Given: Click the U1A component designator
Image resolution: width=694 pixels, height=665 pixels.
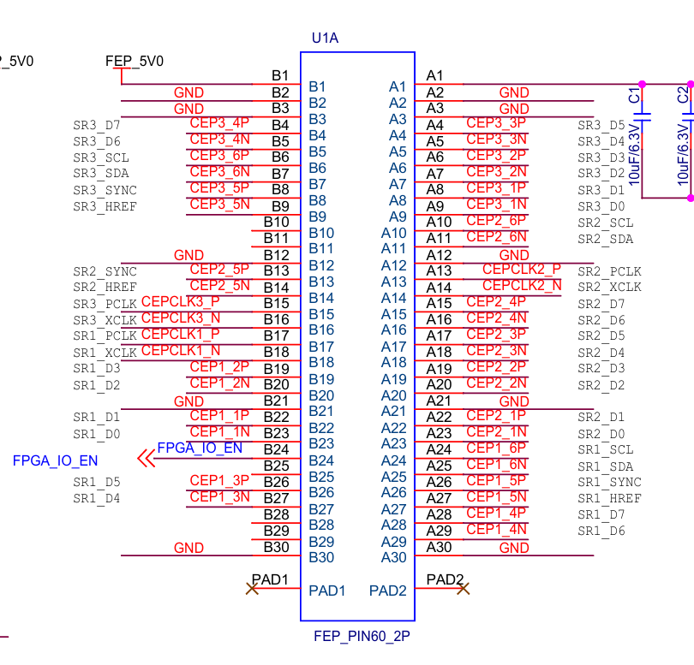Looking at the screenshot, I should pyautogui.click(x=326, y=38).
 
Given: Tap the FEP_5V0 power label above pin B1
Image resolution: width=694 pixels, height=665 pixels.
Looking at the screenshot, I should pyautogui.click(x=134, y=62).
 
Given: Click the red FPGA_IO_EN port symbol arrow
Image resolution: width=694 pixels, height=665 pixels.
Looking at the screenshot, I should pyautogui.click(x=146, y=460).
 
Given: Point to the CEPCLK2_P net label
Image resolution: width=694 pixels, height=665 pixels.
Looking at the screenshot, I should pyautogui.click(x=522, y=270).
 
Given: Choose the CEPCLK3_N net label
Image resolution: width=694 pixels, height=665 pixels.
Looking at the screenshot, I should pyautogui.click(x=181, y=318).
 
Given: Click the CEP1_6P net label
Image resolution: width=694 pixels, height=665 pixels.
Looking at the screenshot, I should pyautogui.click(x=496, y=448).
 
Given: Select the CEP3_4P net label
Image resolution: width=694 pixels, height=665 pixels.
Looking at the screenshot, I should pyautogui.click(x=219, y=123).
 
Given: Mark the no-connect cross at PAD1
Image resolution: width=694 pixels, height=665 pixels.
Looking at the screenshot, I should pyautogui.click(x=252, y=589).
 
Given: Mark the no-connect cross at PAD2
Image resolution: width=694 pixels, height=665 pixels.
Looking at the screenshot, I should pyautogui.click(x=464, y=589).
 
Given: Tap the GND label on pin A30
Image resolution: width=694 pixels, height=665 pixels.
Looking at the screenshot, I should pyautogui.click(x=514, y=548).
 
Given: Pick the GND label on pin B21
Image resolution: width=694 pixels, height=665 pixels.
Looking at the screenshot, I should pyautogui.click(x=188, y=401).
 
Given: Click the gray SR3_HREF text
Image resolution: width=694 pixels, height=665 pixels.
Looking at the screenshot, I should pyautogui.click(x=105, y=206).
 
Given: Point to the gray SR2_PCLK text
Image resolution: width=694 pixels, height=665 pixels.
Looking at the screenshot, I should pyautogui.click(x=609, y=272).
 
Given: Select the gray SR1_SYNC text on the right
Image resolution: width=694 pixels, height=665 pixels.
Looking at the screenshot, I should pyautogui.click(x=609, y=483).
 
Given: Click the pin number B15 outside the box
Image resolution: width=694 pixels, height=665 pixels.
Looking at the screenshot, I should pyautogui.click(x=276, y=303).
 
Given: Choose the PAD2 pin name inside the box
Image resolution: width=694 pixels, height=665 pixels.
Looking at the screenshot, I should pyautogui.click(x=387, y=591).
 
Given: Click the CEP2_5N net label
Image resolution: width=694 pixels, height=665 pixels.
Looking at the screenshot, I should pyautogui.click(x=219, y=286).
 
